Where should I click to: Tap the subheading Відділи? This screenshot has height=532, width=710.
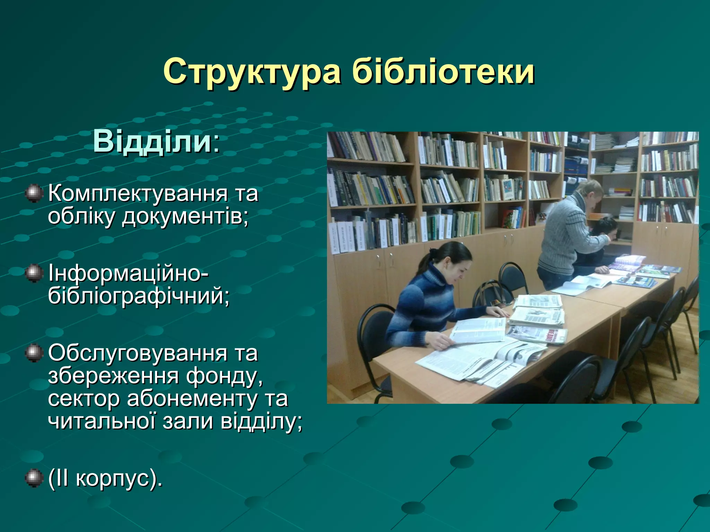153,142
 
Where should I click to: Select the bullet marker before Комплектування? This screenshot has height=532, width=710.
34,193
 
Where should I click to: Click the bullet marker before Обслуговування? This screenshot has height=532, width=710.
34,353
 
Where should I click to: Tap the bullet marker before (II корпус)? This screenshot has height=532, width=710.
34,479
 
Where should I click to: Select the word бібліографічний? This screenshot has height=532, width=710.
139,296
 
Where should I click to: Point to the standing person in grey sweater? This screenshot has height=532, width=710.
569,236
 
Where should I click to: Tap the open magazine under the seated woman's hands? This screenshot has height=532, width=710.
478,332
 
